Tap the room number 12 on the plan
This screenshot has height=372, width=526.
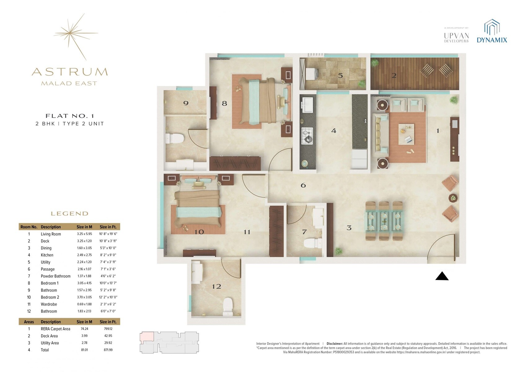(x=216, y=286)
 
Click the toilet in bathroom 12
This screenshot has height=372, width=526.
(x=228, y=307)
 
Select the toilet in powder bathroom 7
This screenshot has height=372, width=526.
(x=309, y=243)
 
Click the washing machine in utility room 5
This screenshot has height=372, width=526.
(x=311, y=75)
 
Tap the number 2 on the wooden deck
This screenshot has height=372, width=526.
(x=394, y=75)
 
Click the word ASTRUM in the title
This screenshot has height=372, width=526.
(x=70, y=72)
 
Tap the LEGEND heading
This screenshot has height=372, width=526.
(x=69, y=214)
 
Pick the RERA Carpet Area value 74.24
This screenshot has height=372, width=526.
(x=84, y=329)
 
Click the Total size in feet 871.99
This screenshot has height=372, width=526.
(x=108, y=350)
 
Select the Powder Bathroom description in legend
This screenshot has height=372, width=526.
(x=55, y=276)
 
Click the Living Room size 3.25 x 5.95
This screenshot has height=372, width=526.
(x=84, y=234)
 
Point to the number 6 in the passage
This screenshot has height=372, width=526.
(x=303, y=185)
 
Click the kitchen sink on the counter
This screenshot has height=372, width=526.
(x=308, y=105)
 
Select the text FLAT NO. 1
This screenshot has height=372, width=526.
(x=69, y=116)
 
